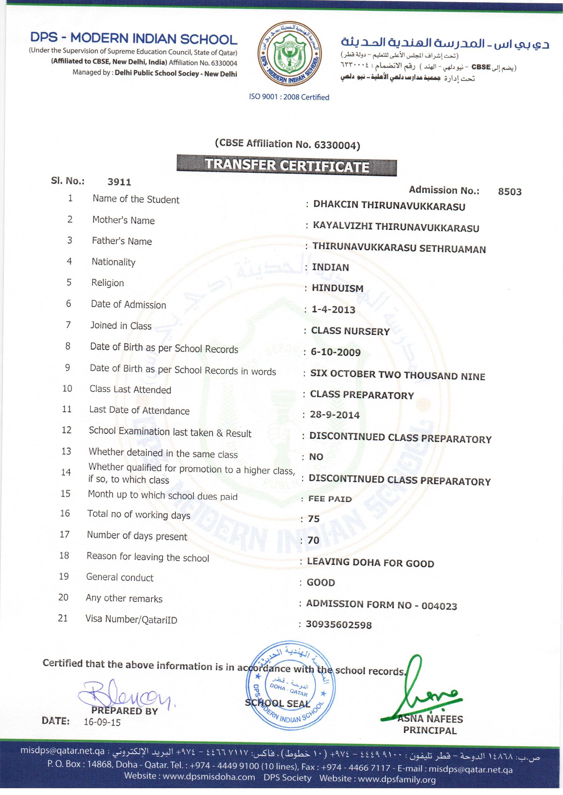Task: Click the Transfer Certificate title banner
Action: point(286,165)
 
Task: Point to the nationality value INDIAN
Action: point(330,267)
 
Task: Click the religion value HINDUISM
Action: point(337,288)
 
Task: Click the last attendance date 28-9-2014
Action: point(334,415)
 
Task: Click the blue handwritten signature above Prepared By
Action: point(125,694)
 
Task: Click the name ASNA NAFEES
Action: point(430,719)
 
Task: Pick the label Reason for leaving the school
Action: point(148,557)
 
